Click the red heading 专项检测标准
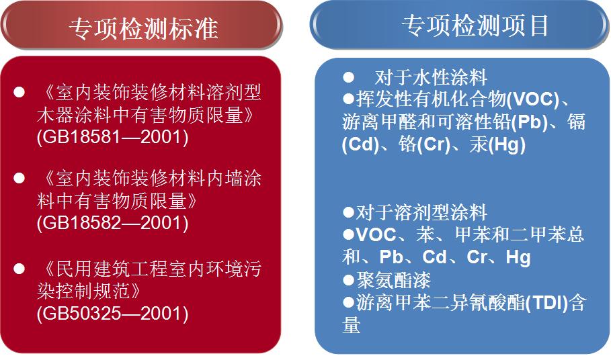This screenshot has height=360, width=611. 143,29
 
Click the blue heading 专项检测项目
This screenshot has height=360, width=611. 475,26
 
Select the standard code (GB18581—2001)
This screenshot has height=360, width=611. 113,137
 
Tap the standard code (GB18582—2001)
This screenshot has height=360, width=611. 113,223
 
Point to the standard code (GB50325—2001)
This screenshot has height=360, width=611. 113,314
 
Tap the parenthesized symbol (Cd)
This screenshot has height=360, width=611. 360,144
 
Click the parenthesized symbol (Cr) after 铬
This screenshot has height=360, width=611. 434,144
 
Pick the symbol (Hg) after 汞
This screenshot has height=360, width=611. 507,144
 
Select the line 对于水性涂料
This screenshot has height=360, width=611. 431,77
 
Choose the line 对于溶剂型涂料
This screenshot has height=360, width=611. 421,212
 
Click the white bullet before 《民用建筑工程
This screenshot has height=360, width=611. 19,269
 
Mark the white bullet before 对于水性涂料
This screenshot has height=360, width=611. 349,77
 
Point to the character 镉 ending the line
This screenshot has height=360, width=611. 576,122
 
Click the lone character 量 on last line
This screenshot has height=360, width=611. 351,324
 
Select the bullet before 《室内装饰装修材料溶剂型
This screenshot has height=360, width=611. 19,92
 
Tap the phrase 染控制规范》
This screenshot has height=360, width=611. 89,291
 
